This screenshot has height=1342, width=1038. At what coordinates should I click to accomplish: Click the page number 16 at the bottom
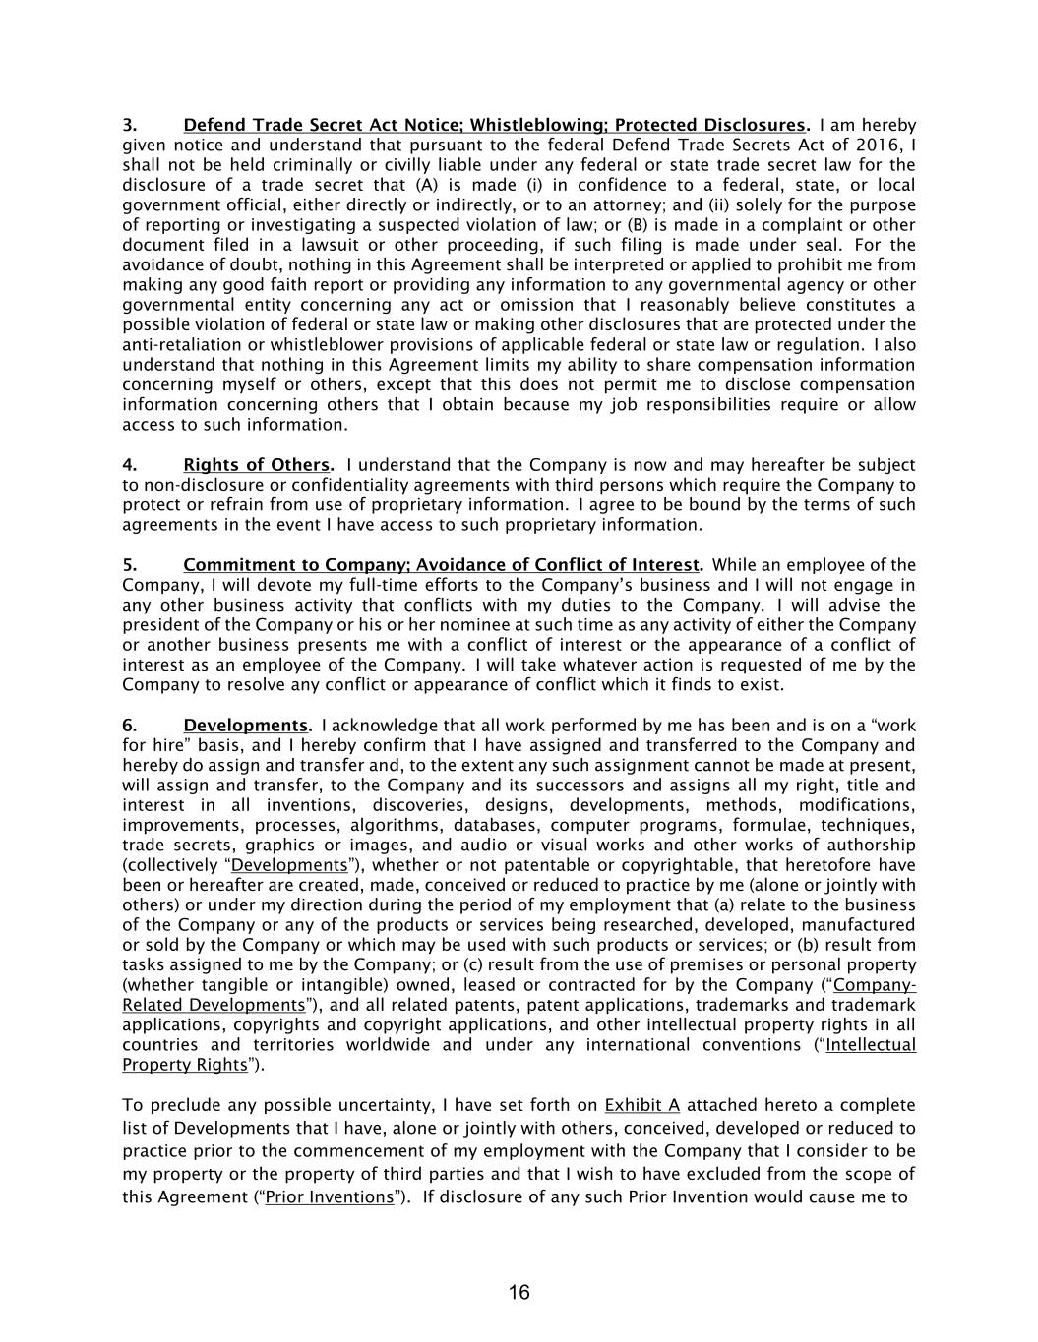(x=519, y=1292)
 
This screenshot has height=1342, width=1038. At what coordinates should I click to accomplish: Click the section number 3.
(x=129, y=126)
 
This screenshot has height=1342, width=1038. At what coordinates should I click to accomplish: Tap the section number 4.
(x=129, y=465)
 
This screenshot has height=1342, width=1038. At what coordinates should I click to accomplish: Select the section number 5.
(x=129, y=565)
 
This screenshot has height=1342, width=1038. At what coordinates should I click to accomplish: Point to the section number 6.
(x=129, y=726)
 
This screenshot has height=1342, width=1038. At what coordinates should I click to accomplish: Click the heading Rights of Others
(x=257, y=465)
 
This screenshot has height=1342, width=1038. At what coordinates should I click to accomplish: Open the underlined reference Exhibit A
(x=641, y=1105)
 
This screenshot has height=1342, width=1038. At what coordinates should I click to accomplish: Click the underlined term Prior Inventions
(x=329, y=1196)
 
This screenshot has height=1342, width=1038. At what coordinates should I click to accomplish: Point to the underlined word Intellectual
(x=870, y=1044)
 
